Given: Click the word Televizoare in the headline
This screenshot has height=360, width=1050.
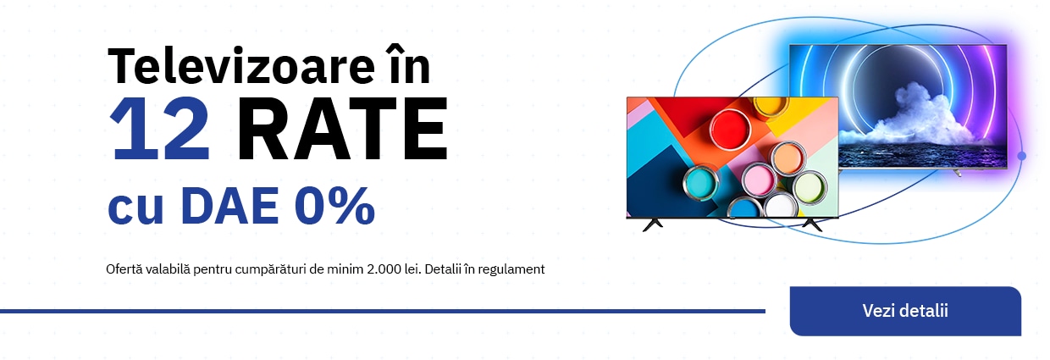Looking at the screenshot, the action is click(241, 67).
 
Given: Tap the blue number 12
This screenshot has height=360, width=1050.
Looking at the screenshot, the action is click(159, 129).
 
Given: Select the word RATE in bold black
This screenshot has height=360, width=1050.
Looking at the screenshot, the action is click(343, 129).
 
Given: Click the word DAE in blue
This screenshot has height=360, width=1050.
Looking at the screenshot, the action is click(229, 205).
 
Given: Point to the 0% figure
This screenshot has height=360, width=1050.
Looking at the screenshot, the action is click(335, 205).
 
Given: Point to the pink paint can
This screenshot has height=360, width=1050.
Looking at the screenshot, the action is click(759, 180).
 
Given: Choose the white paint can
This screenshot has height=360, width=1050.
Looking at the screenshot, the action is click(781, 206).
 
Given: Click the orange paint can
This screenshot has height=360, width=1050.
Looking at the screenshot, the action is click(788, 158).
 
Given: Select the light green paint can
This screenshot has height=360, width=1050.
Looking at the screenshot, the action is click(810, 187).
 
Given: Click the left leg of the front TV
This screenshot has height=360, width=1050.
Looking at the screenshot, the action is click(653, 225).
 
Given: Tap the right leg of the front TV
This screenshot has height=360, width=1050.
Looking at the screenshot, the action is click(812, 225).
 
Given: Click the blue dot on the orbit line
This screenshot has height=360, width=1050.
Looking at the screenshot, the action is click(1021, 156).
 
